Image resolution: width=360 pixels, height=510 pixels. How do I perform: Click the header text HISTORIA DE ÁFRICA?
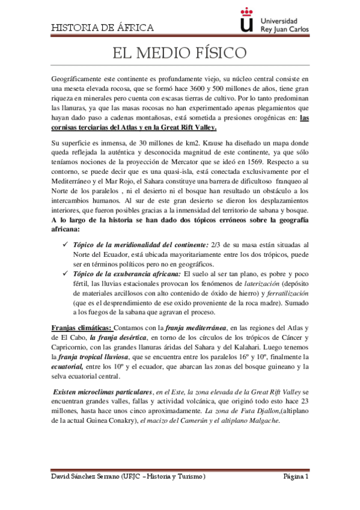pyautogui.click(x=102, y=28)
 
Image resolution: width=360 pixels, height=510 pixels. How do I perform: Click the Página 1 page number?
pyautogui.click(x=296, y=476)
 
